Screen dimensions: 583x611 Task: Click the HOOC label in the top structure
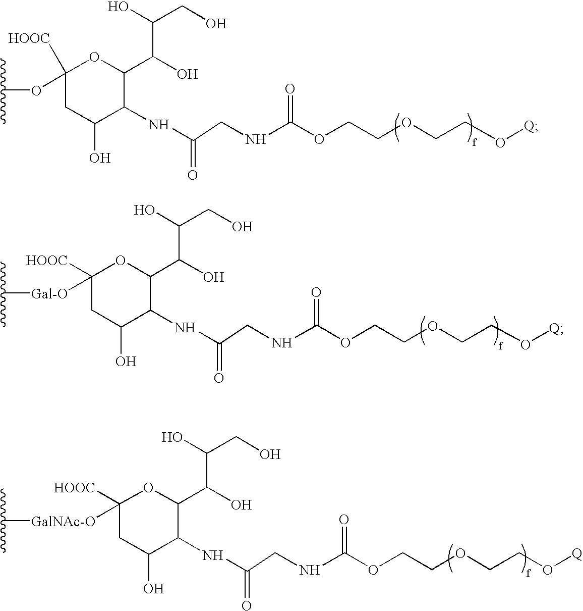pos(29,39)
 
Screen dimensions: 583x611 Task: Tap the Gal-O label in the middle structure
pos(49,294)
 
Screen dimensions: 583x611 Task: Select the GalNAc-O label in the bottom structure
pos(63,522)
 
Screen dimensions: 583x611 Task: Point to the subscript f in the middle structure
pos(501,346)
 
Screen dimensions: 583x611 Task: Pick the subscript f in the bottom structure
pos(528,573)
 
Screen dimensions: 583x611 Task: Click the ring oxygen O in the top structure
pos(94,57)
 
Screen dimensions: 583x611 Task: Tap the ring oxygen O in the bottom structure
pos(148,488)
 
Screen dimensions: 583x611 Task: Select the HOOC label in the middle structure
pos(47,260)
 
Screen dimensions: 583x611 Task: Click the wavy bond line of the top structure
pos(3,91)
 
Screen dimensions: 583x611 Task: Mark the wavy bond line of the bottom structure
pos(3,522)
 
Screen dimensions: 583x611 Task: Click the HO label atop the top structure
pos(118,7)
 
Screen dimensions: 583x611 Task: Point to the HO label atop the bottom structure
pos(172,438)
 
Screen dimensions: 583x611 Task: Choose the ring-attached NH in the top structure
pos(159,125)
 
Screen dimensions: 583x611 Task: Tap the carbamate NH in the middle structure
pos(281,343)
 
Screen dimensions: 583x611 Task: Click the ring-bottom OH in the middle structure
pos(126,362)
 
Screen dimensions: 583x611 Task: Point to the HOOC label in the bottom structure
pos(75,488)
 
